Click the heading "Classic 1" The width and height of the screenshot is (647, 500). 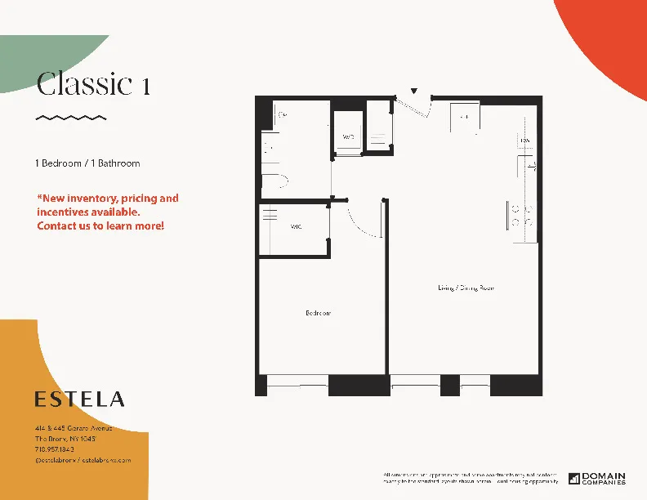click(93, 84)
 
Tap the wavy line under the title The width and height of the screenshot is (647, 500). click(71, 118)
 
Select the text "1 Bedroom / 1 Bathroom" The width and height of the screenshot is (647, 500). click(88, 163)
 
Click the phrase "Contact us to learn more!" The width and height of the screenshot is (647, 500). click(100, 225)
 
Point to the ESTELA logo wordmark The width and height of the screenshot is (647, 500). click(80, 400)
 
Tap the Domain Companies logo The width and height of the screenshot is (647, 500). click(597, 478)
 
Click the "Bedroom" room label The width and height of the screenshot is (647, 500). click(319, 313)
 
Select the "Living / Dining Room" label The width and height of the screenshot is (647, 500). click(466, 288)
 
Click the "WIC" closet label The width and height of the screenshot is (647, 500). click(296, 227)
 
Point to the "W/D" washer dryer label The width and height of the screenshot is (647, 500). click(348, 136)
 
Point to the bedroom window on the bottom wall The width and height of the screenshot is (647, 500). click(297, 381)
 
